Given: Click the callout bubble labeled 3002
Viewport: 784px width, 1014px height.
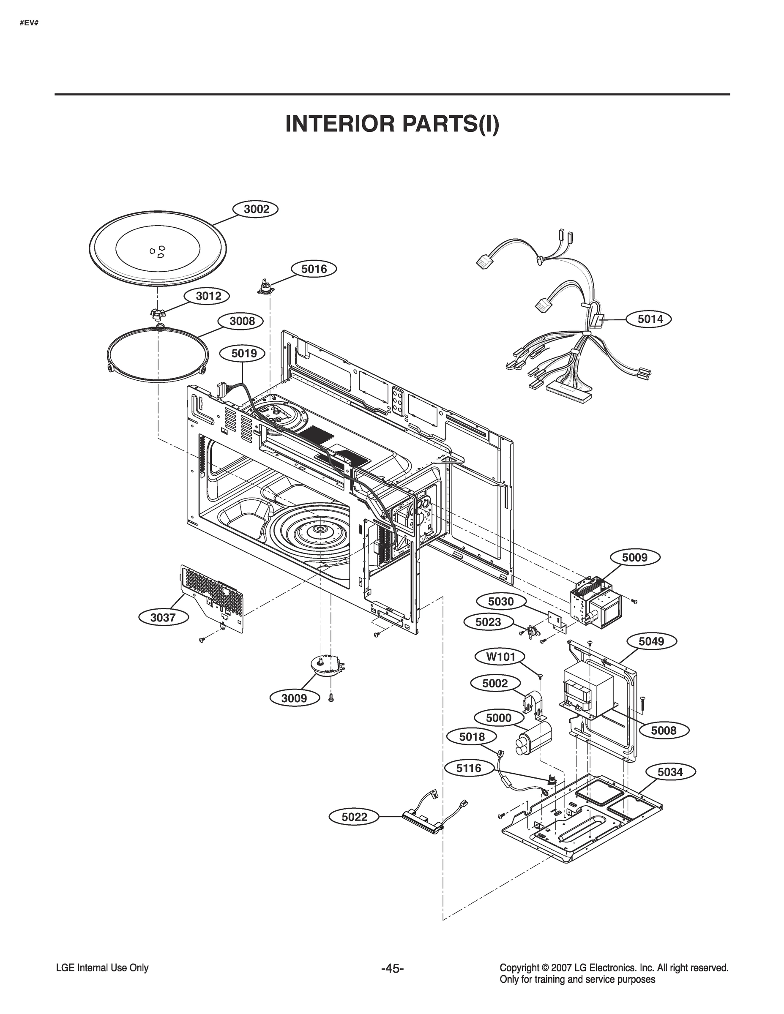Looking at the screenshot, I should click(257, 209).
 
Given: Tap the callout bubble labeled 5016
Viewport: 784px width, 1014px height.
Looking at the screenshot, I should click(314, 269).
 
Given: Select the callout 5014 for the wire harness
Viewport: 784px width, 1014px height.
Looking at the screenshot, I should click(650, 319).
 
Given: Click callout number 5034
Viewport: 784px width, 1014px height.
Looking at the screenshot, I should click(670, 772).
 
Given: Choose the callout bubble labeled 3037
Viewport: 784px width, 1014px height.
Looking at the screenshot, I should click(163, 618).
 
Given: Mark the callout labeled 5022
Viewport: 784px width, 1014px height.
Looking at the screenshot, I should click(354, 817).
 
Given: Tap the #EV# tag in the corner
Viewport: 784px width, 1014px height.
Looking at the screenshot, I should click(28, 23).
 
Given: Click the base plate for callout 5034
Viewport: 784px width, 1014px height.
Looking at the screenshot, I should click(581, 826).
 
